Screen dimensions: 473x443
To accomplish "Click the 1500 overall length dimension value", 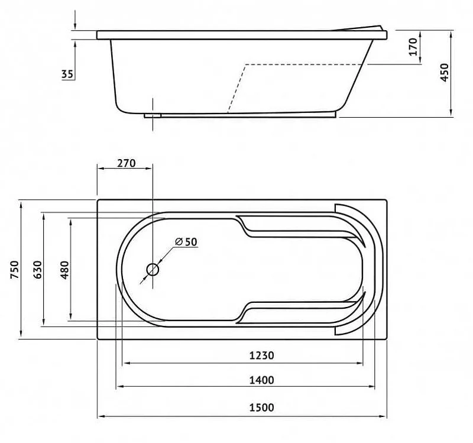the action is (x=261, y=408).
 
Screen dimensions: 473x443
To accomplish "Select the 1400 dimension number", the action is (x=261, y=380).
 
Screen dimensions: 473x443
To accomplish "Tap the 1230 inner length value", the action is (x=261, y=355).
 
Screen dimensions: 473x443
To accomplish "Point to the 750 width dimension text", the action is (x=14, y=270).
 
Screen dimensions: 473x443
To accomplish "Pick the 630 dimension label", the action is (x=37, y=270).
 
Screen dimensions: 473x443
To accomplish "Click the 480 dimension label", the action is (x=64, y=270).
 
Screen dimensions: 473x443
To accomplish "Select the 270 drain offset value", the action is (x=127, y=163).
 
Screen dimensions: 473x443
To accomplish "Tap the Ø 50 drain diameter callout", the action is (x=186, y=242).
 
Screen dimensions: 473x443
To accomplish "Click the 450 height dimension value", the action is (x=445, y=72).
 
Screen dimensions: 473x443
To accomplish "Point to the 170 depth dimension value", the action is (x=413, y=47).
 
